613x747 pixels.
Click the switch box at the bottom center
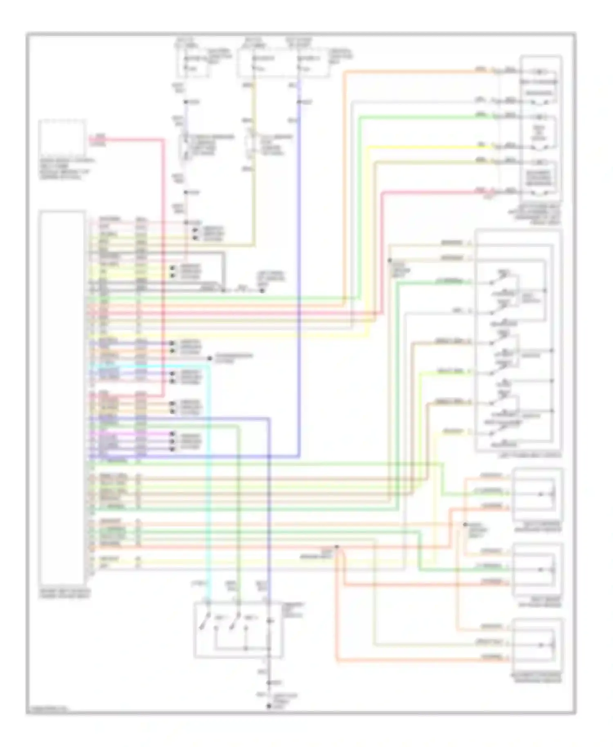tap(238, 630)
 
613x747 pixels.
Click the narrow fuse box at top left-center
tap(193, 64)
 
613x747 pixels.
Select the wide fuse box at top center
tap(283, 64)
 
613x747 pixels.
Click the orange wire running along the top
tap(409, 72)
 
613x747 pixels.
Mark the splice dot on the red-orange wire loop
tap(337, 547)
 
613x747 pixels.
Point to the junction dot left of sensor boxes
tap(465, 524)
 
